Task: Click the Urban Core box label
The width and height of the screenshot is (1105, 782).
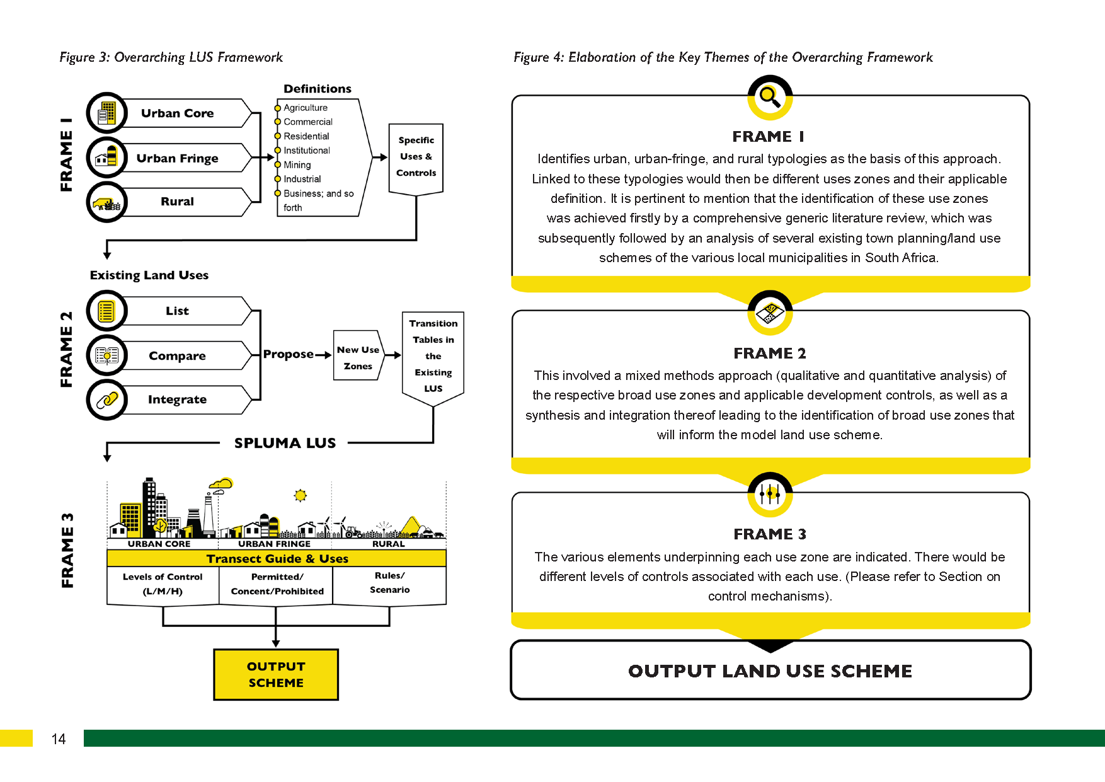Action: pos(177,113)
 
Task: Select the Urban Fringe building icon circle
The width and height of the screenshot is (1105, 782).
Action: pos(107,157)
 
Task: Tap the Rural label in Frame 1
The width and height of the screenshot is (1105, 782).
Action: pos(177,202)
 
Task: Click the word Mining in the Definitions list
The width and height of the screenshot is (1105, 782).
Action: pos(297,165)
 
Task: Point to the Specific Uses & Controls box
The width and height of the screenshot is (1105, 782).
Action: pos(416,157)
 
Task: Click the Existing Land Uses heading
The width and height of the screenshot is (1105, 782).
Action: pos(149,275)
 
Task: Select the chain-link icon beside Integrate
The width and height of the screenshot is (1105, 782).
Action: pos(107,400)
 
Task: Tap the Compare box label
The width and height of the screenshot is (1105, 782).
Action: pos(177,356)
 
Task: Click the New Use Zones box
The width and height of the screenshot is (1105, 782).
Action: pos(358,357)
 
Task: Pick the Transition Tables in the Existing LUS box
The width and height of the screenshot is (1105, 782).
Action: pos(433,356)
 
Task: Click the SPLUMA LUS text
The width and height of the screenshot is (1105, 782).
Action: pos(285,443)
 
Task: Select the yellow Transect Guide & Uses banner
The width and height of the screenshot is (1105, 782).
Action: pos(277,559)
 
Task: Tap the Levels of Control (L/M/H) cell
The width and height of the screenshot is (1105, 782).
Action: pos(163,584)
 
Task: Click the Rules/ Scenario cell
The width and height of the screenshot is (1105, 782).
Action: pos(389,583)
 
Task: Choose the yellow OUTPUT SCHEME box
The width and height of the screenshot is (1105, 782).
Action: pos(276,674)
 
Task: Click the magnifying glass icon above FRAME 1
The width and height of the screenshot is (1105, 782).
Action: pos(770,97)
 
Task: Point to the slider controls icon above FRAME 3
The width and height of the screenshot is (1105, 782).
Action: pos(770,494)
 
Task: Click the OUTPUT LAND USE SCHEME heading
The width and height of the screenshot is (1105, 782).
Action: pos(770,671)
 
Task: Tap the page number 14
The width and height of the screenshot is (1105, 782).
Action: pos(59,739)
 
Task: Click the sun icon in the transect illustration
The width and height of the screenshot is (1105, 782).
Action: pos(301,495)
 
